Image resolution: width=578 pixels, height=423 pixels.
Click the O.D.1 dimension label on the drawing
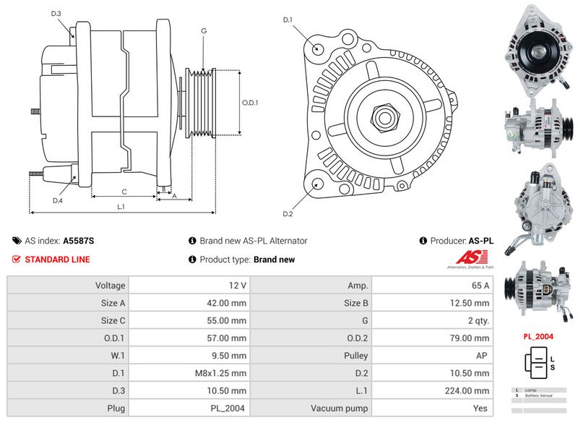250,103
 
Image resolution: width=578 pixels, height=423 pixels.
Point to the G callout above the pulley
204,31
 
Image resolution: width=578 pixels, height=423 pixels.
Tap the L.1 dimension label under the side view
121,207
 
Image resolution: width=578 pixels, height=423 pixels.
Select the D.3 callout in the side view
56,14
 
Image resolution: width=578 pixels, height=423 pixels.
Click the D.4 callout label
58,200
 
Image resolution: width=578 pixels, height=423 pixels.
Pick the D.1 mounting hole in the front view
319,48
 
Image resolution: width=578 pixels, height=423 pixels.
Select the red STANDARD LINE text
58,260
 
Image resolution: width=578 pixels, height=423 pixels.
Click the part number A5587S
79,241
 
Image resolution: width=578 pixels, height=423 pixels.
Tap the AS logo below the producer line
473,257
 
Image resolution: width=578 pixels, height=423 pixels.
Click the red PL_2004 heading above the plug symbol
538,337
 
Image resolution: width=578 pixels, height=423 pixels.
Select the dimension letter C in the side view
124,192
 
